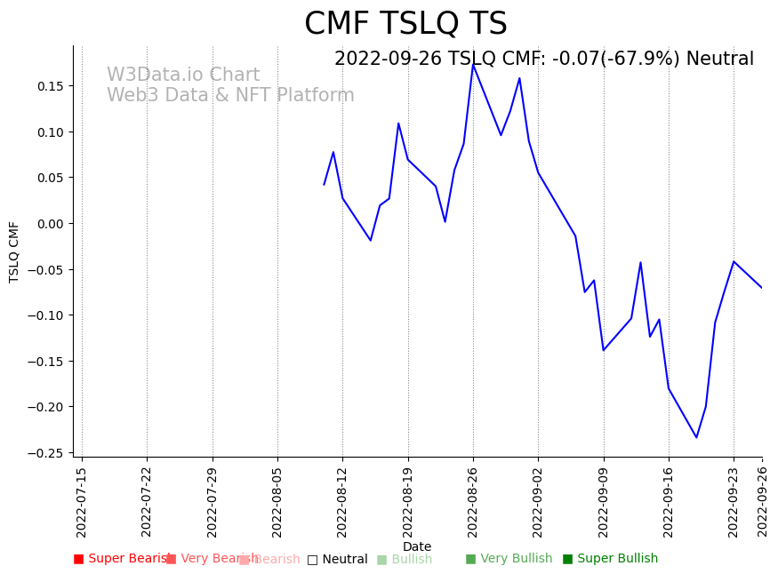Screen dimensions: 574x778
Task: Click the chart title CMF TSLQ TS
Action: point(405,24)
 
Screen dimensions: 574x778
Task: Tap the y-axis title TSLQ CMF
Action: point(14,251)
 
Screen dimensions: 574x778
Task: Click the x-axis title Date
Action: point(417,546)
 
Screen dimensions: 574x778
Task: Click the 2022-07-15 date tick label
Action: point(82,502)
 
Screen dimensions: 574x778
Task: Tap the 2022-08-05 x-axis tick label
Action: point(277,502)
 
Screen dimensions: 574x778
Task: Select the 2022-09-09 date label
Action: point(604,502)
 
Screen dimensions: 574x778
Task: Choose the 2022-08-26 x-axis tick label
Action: point(473,502)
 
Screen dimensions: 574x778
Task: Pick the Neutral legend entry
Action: point(337,560)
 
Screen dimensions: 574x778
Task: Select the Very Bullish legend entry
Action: point(509,559)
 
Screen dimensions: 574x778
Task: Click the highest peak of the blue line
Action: point(473,64)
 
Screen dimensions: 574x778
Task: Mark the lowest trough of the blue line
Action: point(696,437)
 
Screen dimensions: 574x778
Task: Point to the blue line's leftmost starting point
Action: point(325,185)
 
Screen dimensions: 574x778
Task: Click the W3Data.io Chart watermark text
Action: point(183,76)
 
